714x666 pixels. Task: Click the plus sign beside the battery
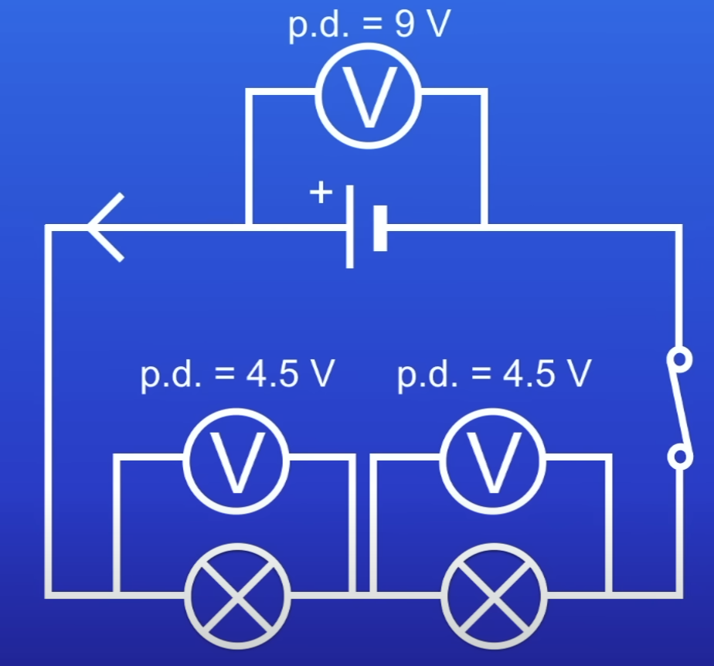point(319,192)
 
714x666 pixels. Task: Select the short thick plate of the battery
point(379,227)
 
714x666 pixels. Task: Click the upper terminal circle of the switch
point(679,359)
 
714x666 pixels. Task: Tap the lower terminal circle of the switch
point(679,457)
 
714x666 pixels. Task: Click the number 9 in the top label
point(402,25)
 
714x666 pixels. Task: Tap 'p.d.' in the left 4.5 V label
point(168,375)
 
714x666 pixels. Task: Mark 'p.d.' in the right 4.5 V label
point(424,375)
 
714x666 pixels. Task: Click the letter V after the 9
point(437,25)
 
